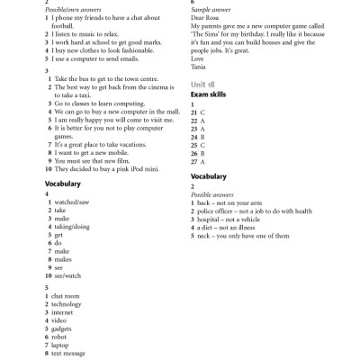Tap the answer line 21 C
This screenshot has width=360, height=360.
click(198, 113)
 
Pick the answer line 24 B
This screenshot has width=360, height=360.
click(198, 137)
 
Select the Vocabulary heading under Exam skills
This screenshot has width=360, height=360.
click(209, 177)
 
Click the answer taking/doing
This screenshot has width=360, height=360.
click(71, 228)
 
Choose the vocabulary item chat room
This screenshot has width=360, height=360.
click(67, 296)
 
